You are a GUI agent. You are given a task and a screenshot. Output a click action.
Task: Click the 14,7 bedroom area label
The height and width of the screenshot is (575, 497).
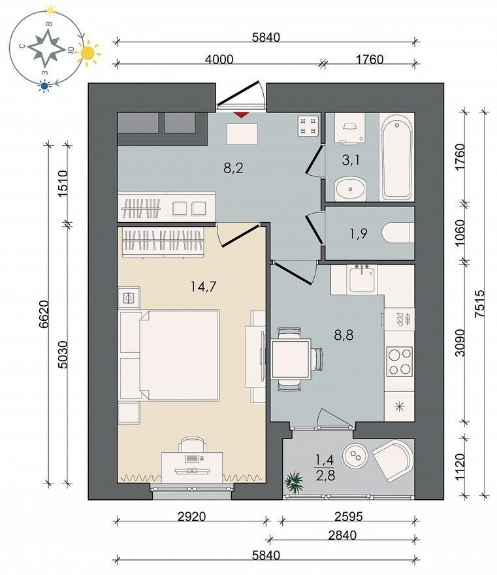pyautogui.click(x=203, y=286)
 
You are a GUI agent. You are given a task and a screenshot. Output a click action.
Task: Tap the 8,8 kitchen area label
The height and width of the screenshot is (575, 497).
pyautogui.click(x=344, y=335)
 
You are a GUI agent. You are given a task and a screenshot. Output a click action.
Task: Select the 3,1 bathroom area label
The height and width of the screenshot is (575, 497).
pyautogui.click(x=351, y=160)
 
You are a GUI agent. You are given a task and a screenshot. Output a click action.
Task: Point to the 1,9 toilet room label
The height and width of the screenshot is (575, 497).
pyautogui.click(x=359, y=233)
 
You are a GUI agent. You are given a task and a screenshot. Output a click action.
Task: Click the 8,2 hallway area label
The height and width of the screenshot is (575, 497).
pyautogui.click(x=233, y=168)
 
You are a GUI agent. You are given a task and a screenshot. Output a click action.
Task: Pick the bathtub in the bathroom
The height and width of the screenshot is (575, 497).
pyautogui.click(x=397, y=157)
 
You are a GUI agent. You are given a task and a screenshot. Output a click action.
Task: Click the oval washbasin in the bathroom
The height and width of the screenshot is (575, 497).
pyautogui.click(x=351, y=189)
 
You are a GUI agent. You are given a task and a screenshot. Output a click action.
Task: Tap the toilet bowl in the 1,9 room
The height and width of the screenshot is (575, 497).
pyautogui.click(x=398, y=233)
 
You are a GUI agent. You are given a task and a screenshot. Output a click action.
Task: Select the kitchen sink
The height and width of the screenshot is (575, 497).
pyautogui.click(x=362, y=280)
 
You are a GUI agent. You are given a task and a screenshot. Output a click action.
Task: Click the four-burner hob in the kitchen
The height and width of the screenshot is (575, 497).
pyautogui.click(x=400, y=362)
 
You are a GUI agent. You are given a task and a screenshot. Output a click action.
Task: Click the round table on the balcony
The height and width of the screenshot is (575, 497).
pyautogui.click(x=355, y=455)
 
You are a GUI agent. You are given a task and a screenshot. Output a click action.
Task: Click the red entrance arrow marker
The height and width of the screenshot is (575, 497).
pyautogui.click(x=240, y=115)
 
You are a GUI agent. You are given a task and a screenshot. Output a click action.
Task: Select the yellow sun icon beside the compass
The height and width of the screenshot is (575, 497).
pyautogui.click(x=88, y=54)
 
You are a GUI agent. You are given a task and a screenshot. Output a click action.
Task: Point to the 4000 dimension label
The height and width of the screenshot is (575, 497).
pyautogui.click(x=219, y=59)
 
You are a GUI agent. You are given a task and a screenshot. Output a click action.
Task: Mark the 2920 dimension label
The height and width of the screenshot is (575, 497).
pyautogui.click(x=192, y=516)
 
